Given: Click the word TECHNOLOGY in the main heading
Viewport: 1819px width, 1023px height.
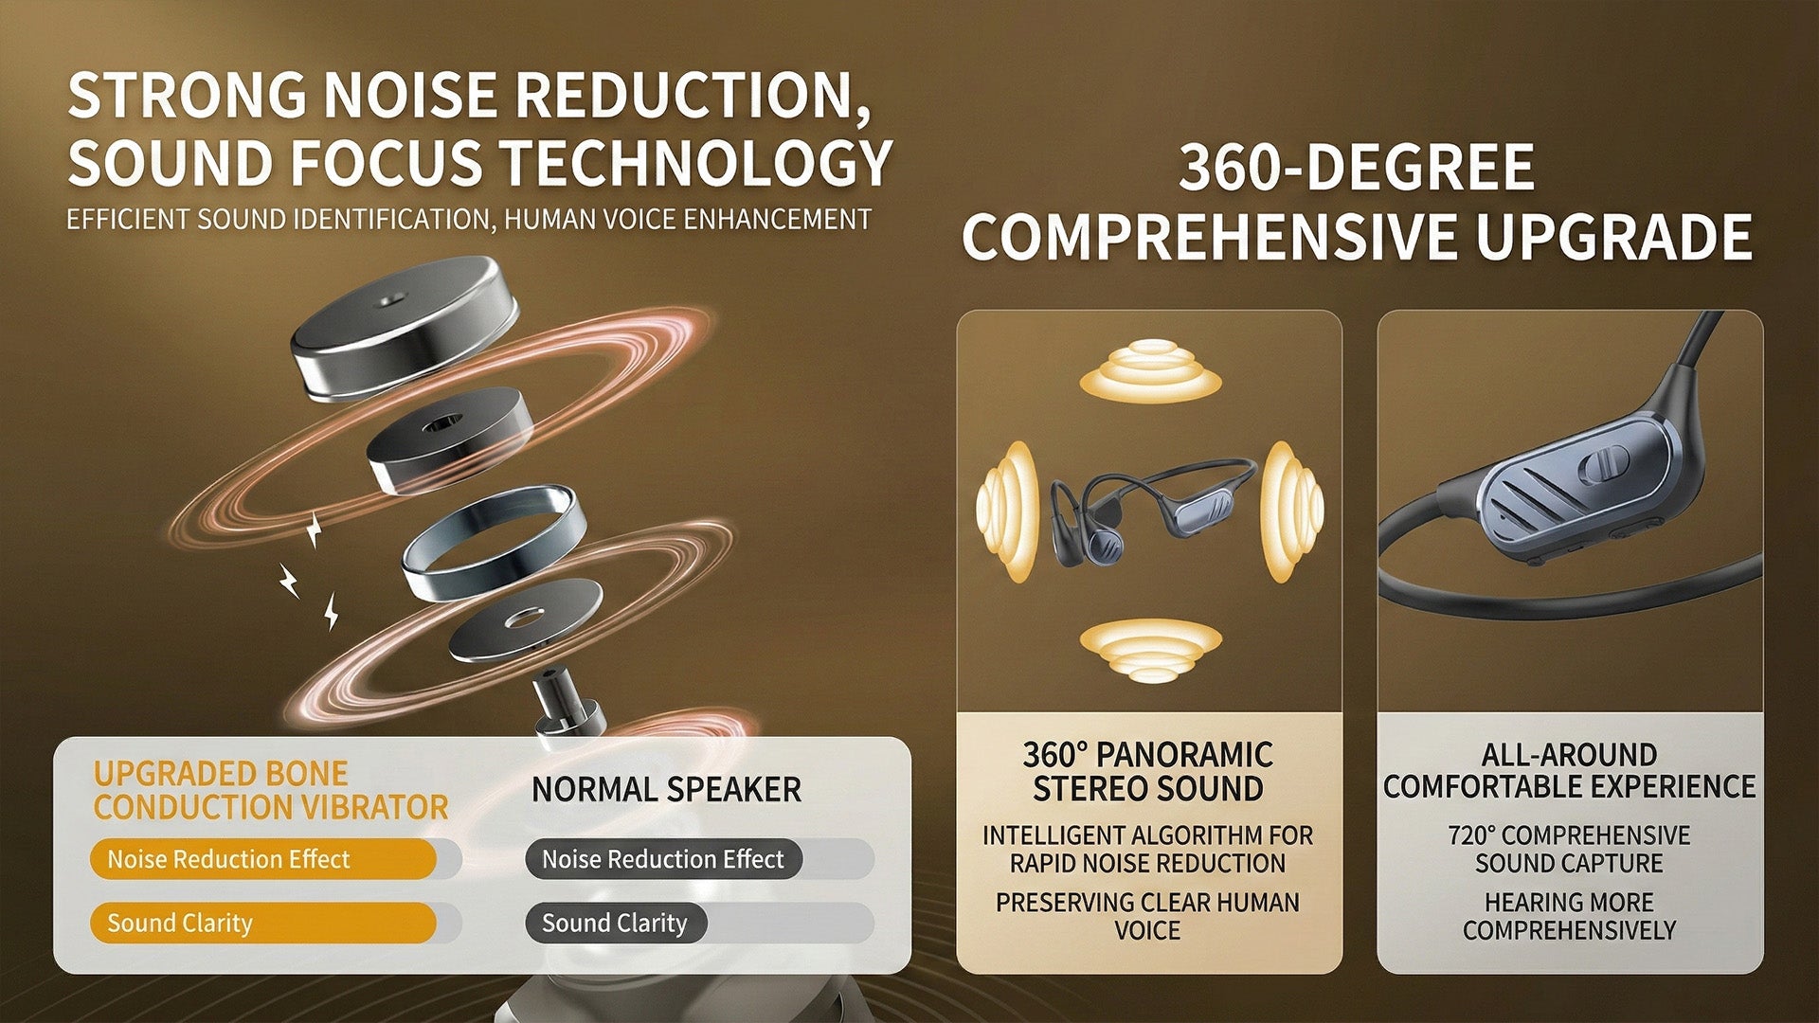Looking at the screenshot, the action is (x=696, y=163).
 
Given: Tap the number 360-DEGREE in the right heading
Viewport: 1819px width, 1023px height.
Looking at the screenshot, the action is (x=1357, y=168).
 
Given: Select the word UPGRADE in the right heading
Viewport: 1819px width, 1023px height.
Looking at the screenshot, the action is (x=1613, y=236).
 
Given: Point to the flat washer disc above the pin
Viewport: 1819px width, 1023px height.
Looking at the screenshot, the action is (x=524, y=619).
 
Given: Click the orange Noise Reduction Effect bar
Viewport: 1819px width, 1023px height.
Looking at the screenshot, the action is (x=263, y=859).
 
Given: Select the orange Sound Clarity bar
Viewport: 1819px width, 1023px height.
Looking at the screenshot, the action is (x=263, y=923).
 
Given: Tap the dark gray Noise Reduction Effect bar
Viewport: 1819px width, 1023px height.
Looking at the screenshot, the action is (x=664, y=859).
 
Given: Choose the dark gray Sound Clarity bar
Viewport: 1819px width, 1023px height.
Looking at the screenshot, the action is (x=616, y=923).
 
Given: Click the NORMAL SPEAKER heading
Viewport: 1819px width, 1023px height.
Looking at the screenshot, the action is (x=666, y=789).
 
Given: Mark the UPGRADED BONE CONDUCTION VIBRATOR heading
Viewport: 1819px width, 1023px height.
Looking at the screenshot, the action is (x=270, y=790).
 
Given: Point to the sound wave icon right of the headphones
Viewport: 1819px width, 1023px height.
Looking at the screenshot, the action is (x=1292, y=511).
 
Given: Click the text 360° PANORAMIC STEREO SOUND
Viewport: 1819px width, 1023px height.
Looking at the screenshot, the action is (x=1148, y=771).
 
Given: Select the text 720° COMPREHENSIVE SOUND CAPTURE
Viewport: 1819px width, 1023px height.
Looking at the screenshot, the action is (x=1569, y=850).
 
